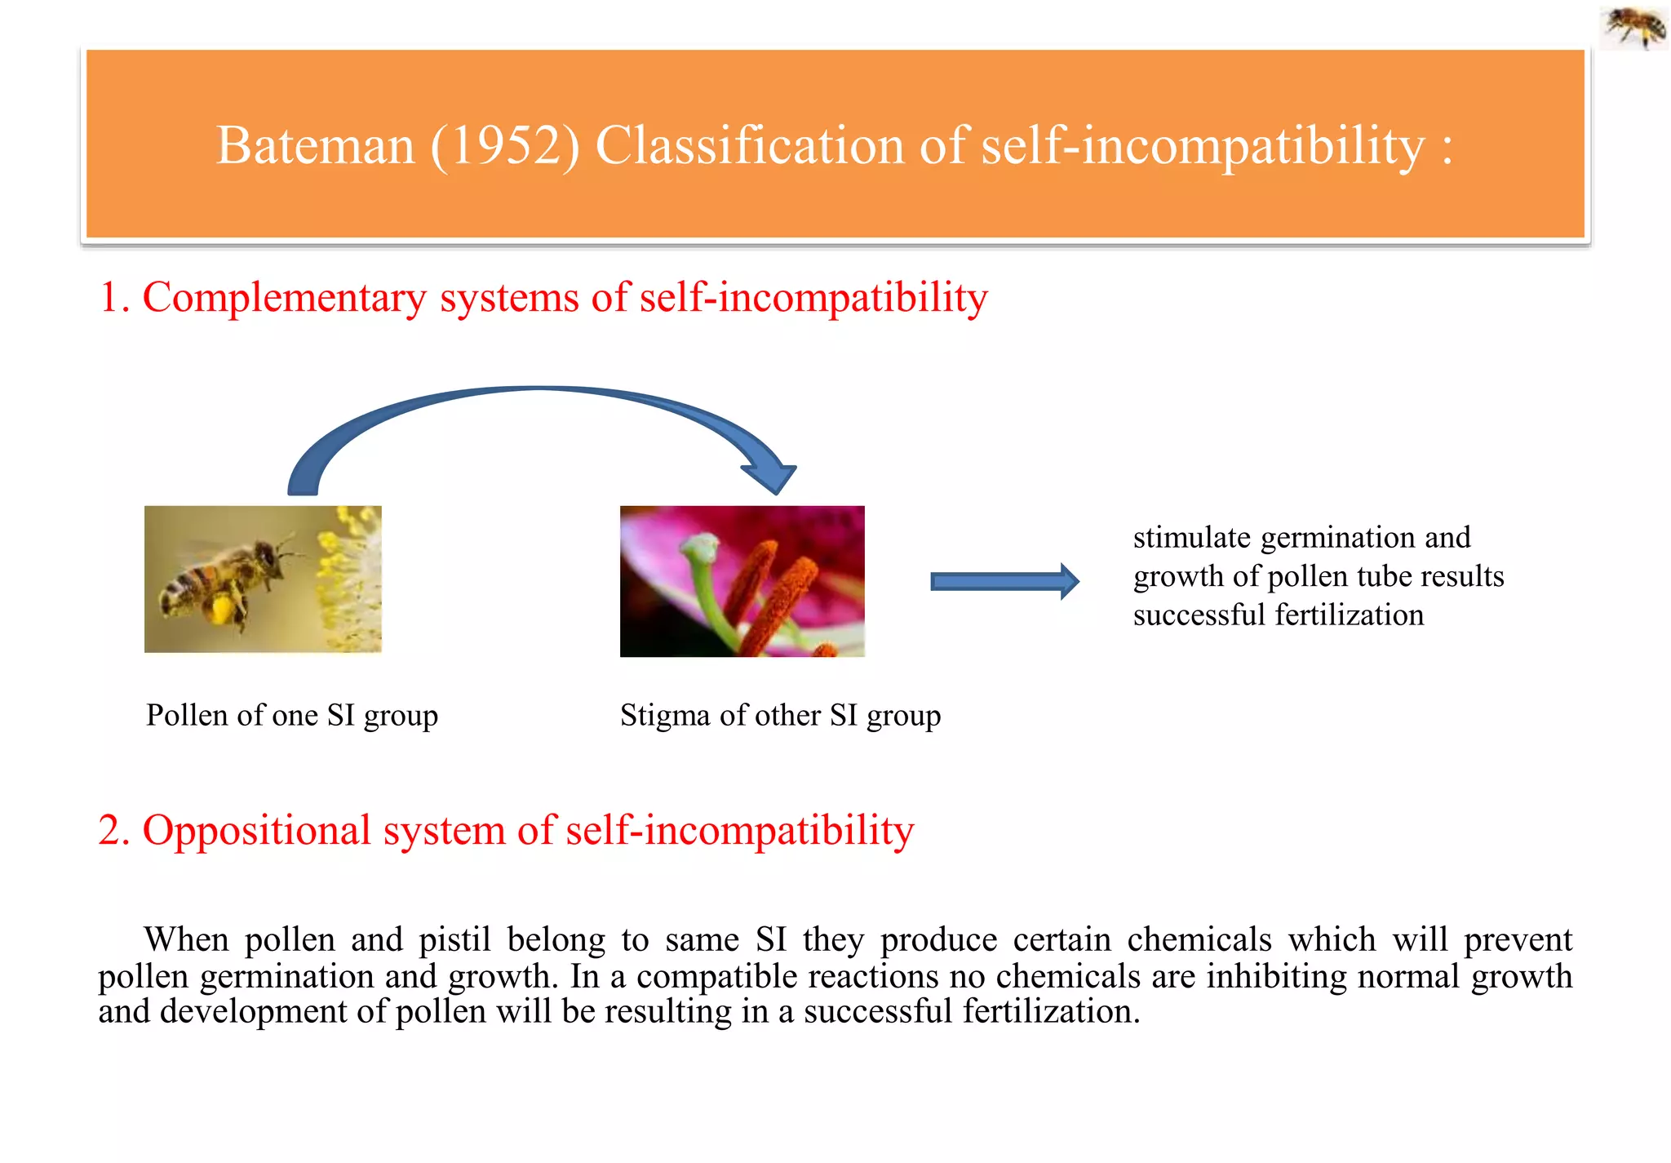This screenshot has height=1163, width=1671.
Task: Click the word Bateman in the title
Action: [315, 146]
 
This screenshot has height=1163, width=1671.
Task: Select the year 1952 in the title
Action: [505, 146]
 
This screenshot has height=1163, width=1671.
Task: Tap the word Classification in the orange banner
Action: [749, 146]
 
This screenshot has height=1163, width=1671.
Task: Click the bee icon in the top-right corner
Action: [1634, 26]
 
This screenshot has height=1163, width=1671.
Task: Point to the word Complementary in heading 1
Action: [284, 297]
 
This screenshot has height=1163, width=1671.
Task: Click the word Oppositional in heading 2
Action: [256, 830]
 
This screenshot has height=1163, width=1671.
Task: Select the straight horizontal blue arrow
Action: [1004, 581]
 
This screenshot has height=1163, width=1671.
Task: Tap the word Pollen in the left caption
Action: [187, 715]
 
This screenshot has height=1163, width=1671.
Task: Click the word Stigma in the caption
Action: [664, 715]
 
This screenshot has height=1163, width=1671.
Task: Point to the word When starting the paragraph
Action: [186, 939]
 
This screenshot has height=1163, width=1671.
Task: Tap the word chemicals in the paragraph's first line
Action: [1199, 939]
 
